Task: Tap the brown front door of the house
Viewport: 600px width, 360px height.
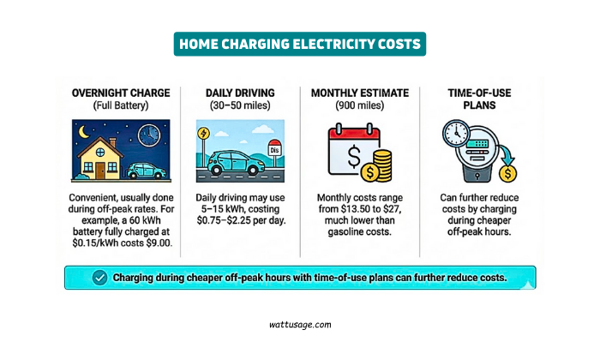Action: click(x=101, y=170)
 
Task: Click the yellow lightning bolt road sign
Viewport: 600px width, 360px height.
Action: click(x=203, y=134)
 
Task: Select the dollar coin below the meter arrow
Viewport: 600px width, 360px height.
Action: click(x=509, y=174)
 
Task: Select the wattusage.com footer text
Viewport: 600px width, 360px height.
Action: click(x=299, y=325)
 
